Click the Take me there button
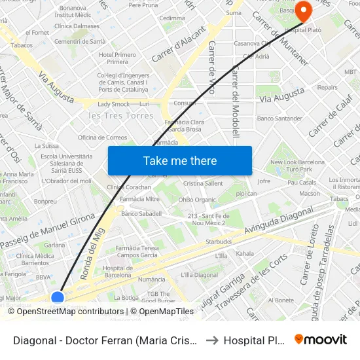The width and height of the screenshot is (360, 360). pyautogui.click(x=180, y=161)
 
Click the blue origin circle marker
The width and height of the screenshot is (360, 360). pyautogui.click(x=58, y=298)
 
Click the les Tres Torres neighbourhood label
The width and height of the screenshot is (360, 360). pyautogui.click(x=121, y=116)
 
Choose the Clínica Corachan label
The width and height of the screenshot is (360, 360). pyautogui.click(x=129, y=187)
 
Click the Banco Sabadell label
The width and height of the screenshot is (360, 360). pyautogui.click(x=141, y=214)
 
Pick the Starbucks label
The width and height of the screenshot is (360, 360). pyautogui.click(x=219, y=242)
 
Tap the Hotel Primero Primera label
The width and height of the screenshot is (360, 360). pyautogui.click(x=117, y=58)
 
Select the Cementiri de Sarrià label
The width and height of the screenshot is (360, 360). pyautogui.click(x=80, y=41)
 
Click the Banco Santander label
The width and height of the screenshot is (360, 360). pyautogui.click(x=279, y=118)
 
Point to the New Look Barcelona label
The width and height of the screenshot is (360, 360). pyautogui.click(x=297, y=162)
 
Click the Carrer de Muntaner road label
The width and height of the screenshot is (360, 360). pyautogui.click(x=279, y=38)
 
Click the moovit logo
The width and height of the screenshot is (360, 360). pyautogui.click(x=321, y=339)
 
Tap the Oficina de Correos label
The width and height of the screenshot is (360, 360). pyautogui.click(x=102, y=137)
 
